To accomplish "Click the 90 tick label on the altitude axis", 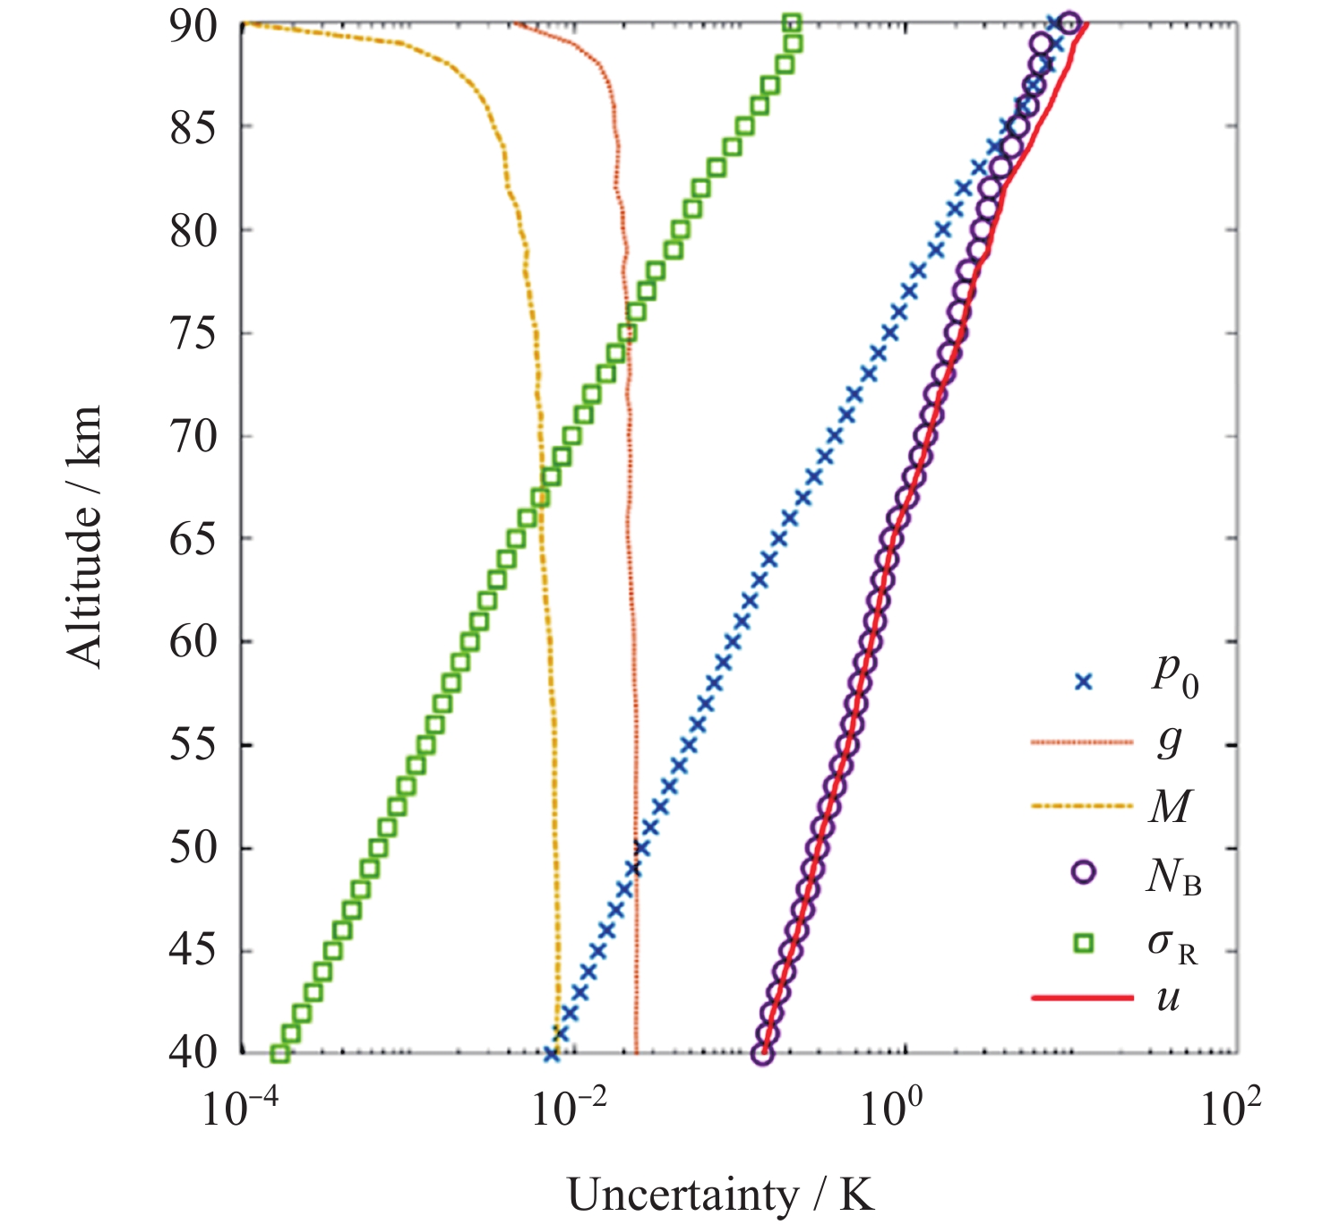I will pos(193,26).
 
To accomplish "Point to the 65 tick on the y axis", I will pos(193,540).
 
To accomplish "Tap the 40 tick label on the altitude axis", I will pos(193,1052).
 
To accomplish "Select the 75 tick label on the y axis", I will pos(193,334).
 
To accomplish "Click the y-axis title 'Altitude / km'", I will pos(84,537).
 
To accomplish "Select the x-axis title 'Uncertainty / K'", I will pos(721,1195).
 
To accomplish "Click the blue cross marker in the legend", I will pos(1085,682).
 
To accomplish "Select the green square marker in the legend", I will pos(1085,942).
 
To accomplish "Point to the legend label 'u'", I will pos(1168,996).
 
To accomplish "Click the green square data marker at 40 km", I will pos(279,1054).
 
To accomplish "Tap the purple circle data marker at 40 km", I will pos(762,1054).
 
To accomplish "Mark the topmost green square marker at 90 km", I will pos(792,23).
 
